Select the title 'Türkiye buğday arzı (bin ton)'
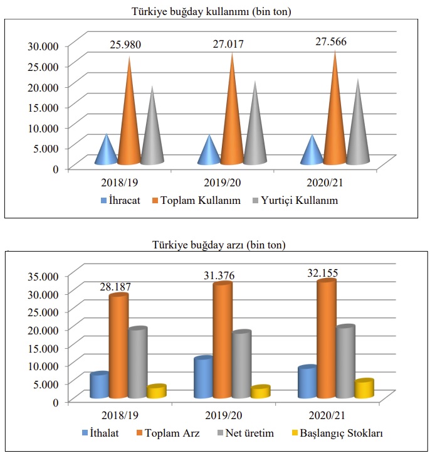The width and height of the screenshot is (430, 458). (x=215, y=244)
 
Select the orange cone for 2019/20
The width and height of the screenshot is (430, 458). (x=232, y=119)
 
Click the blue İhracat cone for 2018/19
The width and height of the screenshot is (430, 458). (x=107, y=152)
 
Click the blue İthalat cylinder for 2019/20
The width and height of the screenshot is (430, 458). (x=204, y=378)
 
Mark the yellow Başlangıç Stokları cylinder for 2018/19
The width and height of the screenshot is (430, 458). (x=157, y=391)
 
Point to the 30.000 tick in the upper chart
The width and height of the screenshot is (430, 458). (x=44, y=45)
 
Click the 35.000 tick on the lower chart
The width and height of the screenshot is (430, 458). (x=44, y=275)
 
